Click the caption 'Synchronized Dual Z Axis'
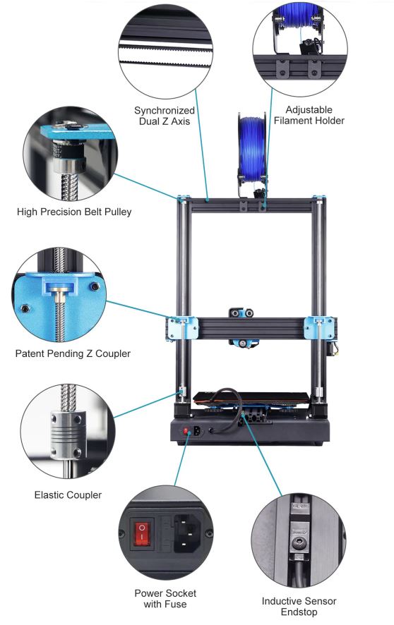click(165, 116)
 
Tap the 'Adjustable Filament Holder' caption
click(309, 115)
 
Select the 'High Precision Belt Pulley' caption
click(74, 212)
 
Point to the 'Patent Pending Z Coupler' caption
click(73, 353)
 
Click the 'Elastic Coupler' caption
click(68, 495)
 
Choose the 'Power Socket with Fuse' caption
click(165, 599)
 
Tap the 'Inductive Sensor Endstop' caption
click(299, 606)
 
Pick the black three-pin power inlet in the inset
click(187, 533)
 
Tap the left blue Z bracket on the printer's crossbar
click(183, 328)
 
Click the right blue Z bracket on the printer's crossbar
click(319, 327)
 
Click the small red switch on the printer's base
click(186, 431)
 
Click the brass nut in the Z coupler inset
click(60, 296)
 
